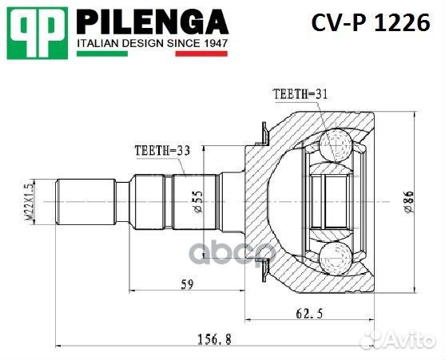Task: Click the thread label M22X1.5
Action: pos(30,200)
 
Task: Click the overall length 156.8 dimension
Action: pos(213,338)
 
